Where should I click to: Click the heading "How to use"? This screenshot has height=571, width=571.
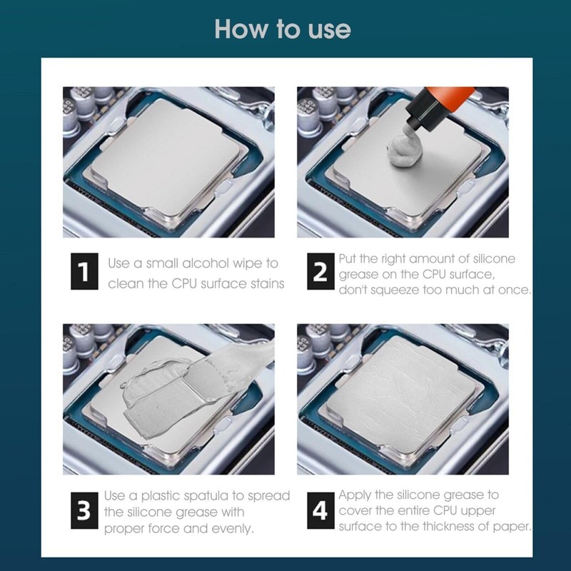pos(283,29)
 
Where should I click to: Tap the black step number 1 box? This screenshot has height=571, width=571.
pos(84,271)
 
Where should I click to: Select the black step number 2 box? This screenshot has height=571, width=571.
pos(320,271)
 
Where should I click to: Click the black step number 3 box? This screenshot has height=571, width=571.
pos(84,510)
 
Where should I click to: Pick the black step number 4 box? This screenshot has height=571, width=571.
pos(320,510)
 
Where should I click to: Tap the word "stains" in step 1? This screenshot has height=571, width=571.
pos(268,283)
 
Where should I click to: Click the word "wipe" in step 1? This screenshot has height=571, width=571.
pos(247,264)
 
